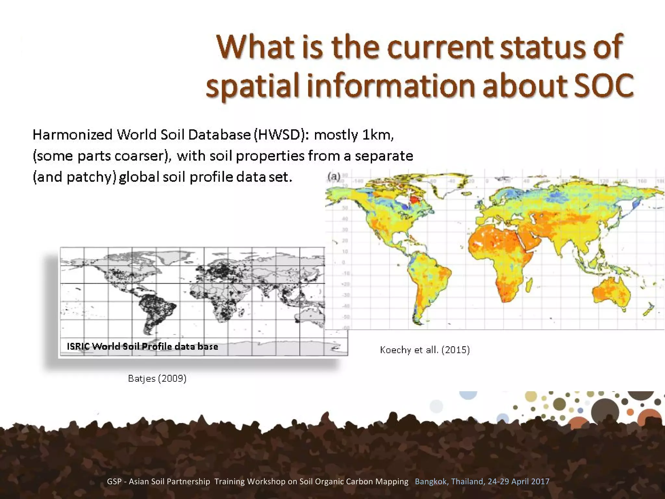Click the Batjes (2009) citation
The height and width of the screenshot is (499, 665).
157,378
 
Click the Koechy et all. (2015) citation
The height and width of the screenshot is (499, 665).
425,350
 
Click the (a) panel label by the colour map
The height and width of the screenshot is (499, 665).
334,177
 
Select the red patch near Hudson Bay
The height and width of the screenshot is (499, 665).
414,198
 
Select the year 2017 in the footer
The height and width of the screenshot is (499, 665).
540,481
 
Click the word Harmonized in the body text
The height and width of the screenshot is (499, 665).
72,134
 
